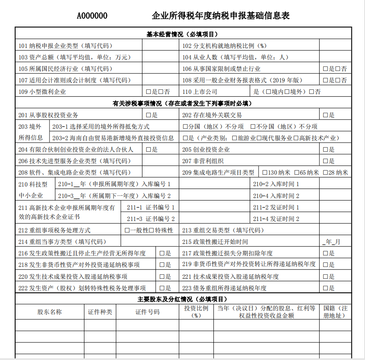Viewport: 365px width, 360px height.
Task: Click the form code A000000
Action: (92, 16)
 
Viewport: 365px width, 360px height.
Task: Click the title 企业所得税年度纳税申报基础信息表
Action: (221, 16)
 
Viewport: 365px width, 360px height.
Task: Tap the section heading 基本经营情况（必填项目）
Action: (183, 34)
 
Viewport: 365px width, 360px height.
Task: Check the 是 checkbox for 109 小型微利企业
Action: (148, 92)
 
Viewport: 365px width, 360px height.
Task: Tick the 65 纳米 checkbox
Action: (297, 173)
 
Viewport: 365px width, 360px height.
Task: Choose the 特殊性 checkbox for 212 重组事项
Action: (152, 230)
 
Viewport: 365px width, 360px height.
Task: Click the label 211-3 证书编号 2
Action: (150, 219)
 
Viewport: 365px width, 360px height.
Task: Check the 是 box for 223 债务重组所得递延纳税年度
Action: (326, 288)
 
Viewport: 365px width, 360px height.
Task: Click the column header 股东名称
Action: (50, 312)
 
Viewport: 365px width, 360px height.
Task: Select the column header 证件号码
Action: (147, 312)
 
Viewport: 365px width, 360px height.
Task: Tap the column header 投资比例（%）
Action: (196, 312)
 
